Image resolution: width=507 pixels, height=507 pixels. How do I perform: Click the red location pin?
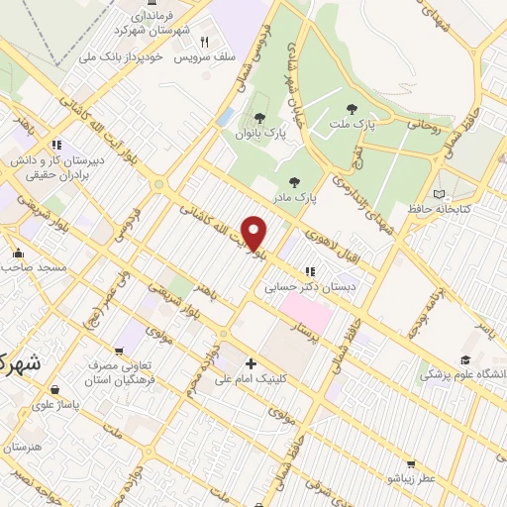pos(254,233)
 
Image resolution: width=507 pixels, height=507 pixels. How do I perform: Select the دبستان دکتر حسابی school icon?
pos(309,270)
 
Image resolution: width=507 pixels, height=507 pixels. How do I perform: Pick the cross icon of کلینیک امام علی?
pos(251,363)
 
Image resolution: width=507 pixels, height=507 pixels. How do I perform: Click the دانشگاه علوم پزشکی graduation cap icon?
pos(465,360)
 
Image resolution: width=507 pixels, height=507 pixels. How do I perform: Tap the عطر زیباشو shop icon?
pos(410,462)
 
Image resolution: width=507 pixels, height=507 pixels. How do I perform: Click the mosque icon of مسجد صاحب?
pos(17,252)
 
